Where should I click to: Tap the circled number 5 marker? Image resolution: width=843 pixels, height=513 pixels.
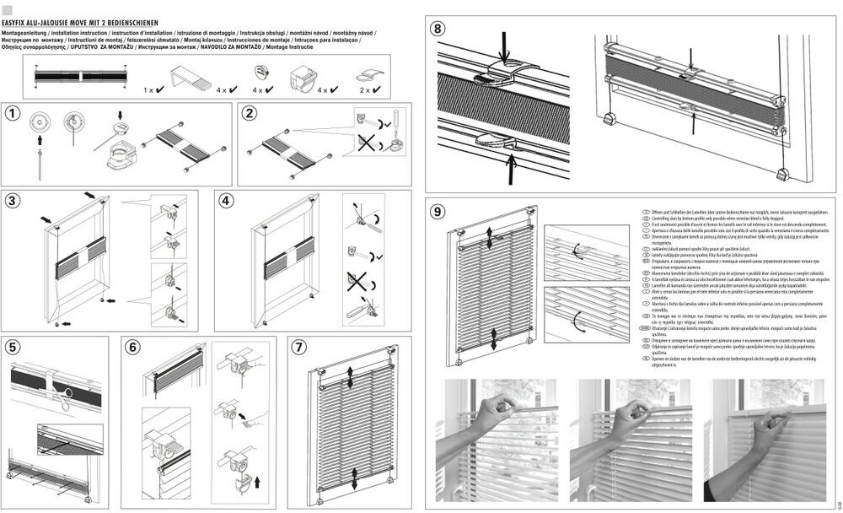(13, 347)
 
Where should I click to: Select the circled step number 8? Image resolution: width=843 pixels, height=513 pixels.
(438, 28)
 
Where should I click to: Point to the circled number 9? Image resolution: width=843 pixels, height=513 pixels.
(438, 212)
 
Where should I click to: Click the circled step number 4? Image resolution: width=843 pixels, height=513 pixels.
(226, 201)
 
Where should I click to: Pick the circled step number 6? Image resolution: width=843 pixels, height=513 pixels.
(133, 347)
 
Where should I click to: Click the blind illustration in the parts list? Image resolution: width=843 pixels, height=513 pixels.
(81, 76)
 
